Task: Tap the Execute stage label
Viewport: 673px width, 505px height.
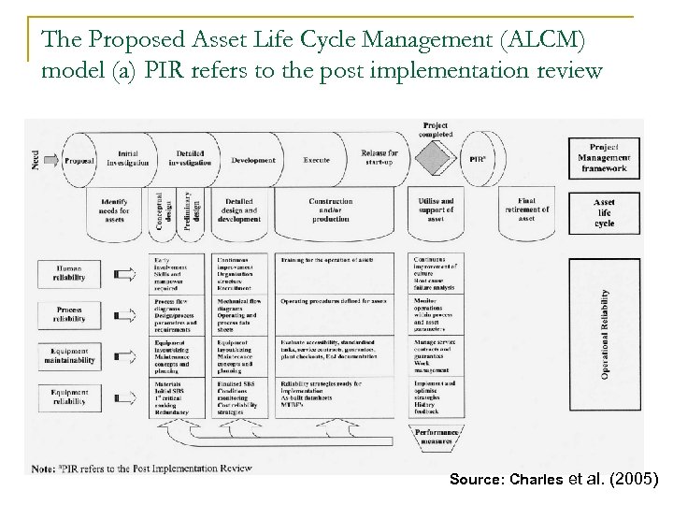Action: [x=316, y=160]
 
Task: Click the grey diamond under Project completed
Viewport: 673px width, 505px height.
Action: [x=435, y=159]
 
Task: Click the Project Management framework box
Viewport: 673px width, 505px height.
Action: [x=603, y=158]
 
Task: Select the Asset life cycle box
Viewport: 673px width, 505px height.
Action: [x=603, y=212]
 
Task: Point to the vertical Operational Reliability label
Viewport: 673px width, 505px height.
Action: [x=632, y=333]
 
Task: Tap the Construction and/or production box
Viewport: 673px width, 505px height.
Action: [x=330, y=211]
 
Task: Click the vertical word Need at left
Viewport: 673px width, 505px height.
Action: [x=36, y=160]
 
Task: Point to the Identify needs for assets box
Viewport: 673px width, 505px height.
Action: [x=115, y=211]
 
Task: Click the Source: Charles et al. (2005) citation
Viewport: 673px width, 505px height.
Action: [x=554, y=479]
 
